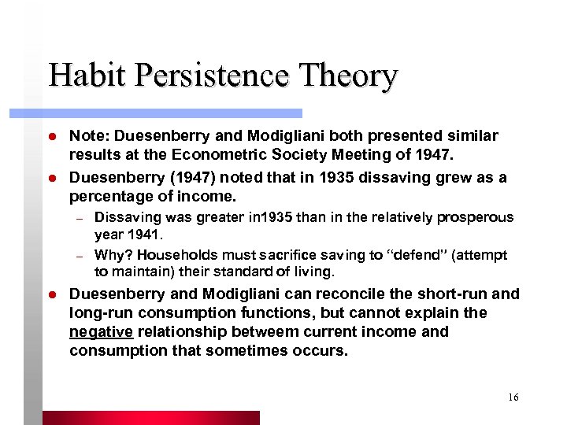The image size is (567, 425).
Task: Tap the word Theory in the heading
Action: click(349, 76)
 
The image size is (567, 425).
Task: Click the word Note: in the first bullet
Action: click(89, 136)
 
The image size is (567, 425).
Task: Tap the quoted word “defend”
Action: click(410, 255)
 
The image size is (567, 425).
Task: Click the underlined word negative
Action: click(102, 332)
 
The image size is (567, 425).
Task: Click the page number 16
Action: click(513, 397)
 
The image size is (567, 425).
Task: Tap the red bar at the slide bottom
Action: click(150, 418)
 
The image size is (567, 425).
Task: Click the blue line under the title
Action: click(173, 113)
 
